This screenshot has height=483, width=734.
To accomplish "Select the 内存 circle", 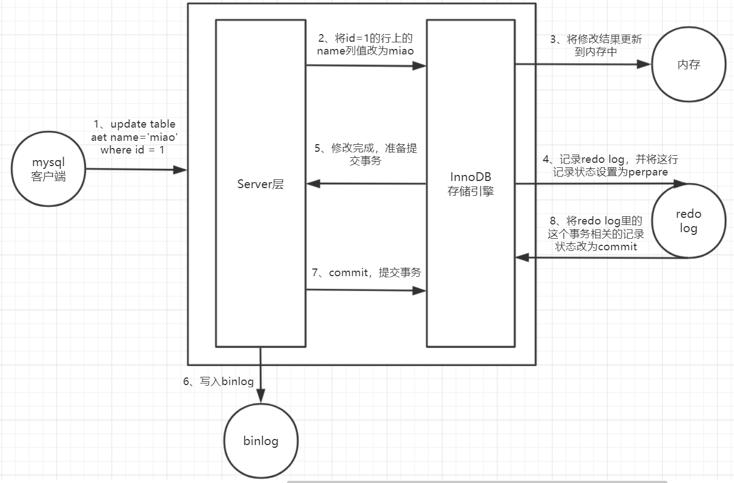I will coord(688,64).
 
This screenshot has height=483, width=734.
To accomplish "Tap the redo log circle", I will coord(688,221).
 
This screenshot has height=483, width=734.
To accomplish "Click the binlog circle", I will coord(260,441).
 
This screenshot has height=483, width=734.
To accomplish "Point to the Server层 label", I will coord(260,184).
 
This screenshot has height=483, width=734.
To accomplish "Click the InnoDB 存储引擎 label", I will coord(471,184).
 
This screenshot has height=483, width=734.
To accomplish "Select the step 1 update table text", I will coord(134,137).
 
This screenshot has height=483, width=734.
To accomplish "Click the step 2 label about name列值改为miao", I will coord(365,44).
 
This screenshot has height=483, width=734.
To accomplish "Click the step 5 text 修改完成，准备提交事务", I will coord(366,155).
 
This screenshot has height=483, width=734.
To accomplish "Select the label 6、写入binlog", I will coord(219,381).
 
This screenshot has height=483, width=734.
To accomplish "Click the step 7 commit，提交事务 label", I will coord(366,272).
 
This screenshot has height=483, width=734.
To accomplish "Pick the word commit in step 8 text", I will coord(617,246).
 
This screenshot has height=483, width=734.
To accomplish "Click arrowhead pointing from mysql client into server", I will coord(181,170).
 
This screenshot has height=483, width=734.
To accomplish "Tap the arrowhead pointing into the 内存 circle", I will coord(645,64).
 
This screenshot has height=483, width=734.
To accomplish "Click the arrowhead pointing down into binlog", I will coord(260,397).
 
